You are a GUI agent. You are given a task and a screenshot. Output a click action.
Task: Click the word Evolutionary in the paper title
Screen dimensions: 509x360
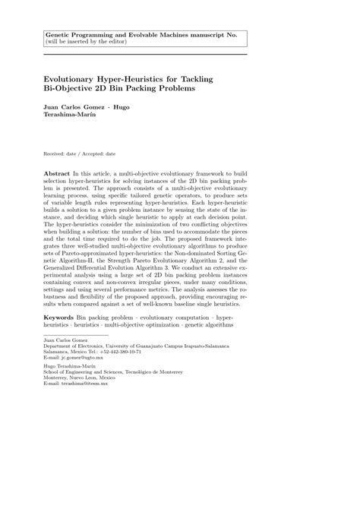(74, 78)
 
